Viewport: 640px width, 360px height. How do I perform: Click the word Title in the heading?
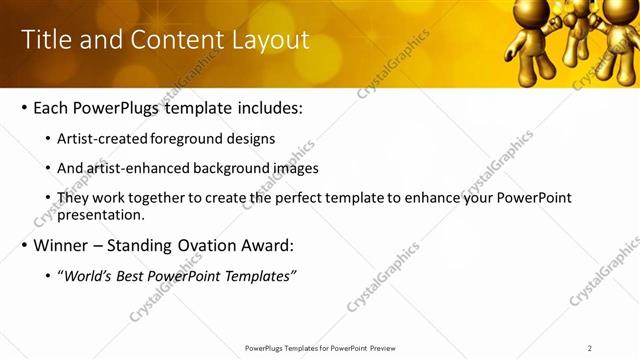(43, 40)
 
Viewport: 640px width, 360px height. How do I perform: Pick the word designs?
(250, 139)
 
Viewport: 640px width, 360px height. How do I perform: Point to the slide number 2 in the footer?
(589, 348)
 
